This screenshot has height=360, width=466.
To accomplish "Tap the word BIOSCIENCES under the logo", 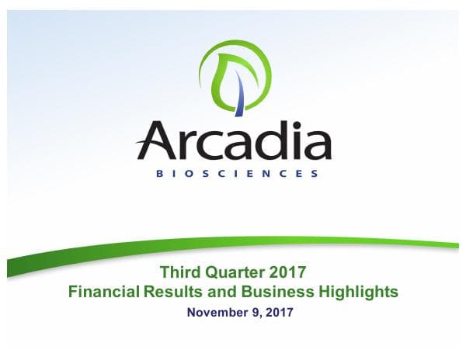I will tap(234, 174).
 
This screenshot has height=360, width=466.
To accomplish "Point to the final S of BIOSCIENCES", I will tap(315, 174).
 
